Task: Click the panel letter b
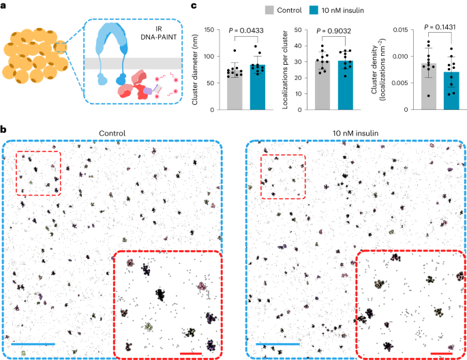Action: pyautogui.click(x=4, y=128)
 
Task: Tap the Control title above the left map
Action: pyautogui.click(x=113, y=132)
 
